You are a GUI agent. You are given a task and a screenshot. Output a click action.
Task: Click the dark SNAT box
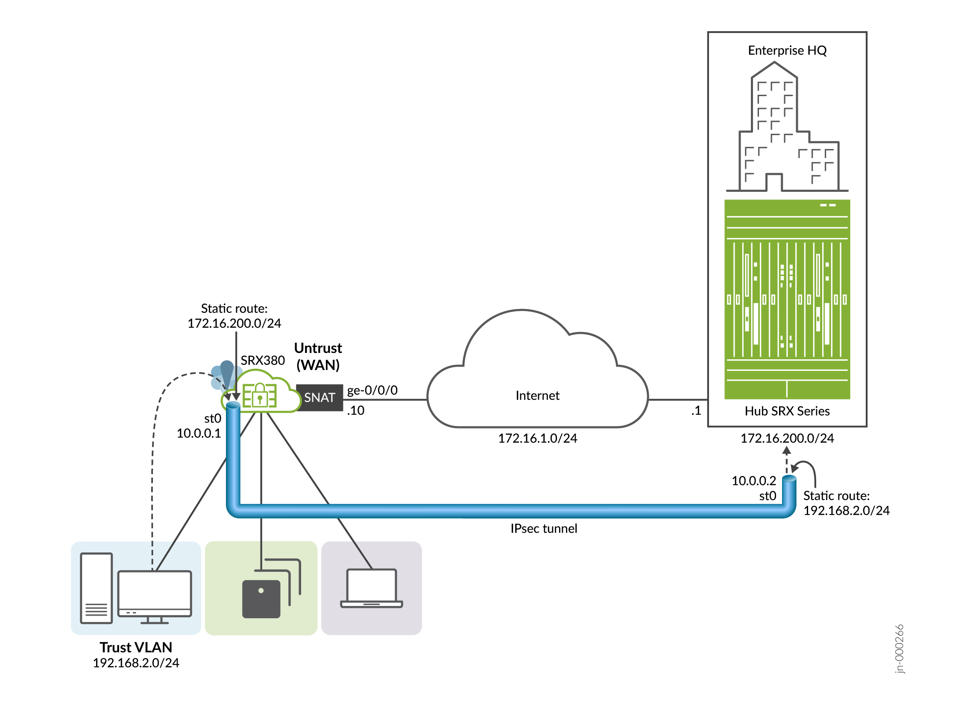[x=319, y=398]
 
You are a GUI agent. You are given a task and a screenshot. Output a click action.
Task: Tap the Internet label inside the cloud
[x=537, y=396]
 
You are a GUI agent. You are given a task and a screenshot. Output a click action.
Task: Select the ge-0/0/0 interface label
[x=372, y=390]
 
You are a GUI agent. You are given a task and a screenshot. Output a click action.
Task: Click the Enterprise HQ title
[x=787, y=50]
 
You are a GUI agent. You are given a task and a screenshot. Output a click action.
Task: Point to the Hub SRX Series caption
[x=787, y=411]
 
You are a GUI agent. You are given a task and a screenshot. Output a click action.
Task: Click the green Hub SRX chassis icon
[x=787, y=299]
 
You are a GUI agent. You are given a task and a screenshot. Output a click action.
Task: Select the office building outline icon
[x=787, y=128]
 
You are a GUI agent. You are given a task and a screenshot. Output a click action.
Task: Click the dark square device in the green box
[x=261, y=599]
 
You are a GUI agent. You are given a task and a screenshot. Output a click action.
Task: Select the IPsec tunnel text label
[x=543, y=529]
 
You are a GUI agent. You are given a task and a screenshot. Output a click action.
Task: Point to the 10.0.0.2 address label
[x=753, y=481]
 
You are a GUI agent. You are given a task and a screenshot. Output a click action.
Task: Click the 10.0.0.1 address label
[x=199, y=433]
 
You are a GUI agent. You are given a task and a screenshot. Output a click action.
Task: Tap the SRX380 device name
[x=262, y=360]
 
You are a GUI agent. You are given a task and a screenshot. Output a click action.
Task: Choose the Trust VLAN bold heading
[x=136, y=647]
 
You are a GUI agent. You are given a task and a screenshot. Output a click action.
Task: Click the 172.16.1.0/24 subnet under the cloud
[x=537, y=438]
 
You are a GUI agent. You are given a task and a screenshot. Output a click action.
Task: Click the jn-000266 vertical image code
[x=899, y=648]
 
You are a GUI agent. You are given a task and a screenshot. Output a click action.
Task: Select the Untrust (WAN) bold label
[x=318, y=356]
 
